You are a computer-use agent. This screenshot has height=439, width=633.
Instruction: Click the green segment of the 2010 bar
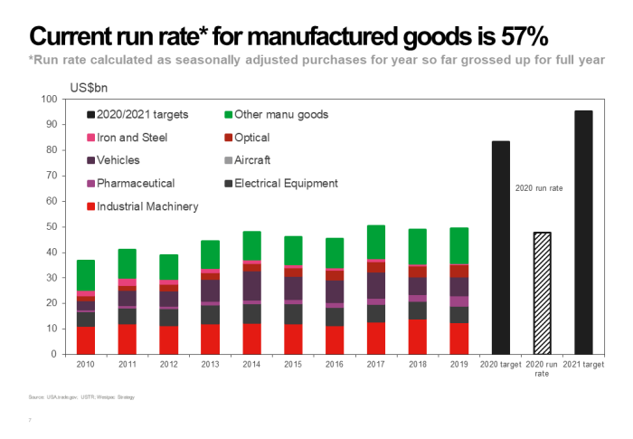click(x=86, y=275)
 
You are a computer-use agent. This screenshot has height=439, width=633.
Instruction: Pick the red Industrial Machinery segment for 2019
click(x=459, y=338)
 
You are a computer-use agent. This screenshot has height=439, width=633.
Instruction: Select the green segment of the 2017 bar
click(x=374, y=242)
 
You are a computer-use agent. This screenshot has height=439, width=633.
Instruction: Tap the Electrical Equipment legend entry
click(x=279, y=183)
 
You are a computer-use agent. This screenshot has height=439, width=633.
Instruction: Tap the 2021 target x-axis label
click(x=583, y=364)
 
